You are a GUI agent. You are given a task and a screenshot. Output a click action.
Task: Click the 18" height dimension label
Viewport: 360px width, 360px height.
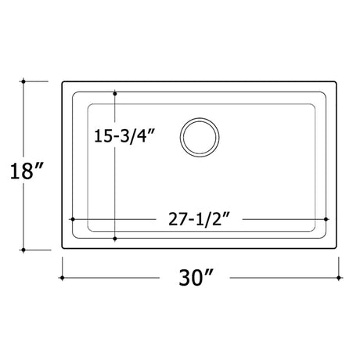point(27,171)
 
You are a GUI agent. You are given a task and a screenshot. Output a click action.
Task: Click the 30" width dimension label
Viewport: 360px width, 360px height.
point(196,278)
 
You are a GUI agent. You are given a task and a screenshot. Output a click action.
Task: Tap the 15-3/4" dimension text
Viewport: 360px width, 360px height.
point(124,135)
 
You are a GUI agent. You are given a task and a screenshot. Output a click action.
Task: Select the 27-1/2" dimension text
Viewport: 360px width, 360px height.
point(199,218)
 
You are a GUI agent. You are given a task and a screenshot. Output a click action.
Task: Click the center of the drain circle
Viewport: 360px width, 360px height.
point(200,138)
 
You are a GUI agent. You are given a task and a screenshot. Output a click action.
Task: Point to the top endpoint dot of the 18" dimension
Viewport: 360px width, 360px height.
point(23,81)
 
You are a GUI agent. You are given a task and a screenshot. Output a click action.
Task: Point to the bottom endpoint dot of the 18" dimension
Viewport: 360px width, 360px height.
point(23,250)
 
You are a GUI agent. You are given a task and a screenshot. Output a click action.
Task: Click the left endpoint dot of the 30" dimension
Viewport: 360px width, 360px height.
point(62,278)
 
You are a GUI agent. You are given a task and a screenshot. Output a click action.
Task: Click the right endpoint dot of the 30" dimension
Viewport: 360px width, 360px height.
point(339,278)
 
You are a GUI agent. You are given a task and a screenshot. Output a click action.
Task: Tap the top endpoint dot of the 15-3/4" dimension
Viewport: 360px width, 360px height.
point(115,93)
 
